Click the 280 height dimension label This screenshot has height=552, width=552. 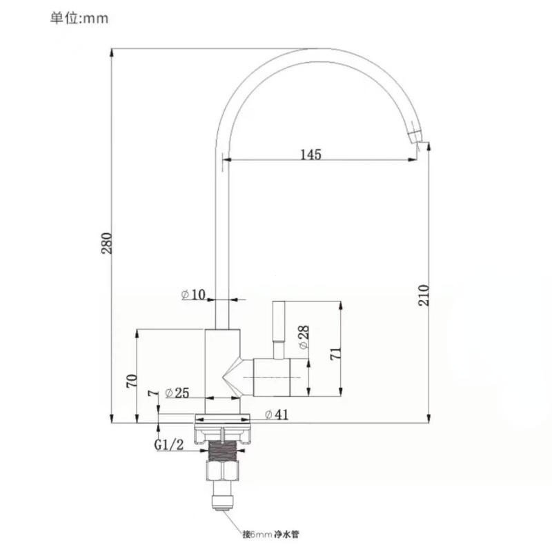coord(107,243)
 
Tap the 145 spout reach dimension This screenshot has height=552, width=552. coord(311,154)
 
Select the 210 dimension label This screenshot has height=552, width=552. coord(424,295)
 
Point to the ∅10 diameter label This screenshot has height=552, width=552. coord(193,295)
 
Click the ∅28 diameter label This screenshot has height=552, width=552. coord(304,337)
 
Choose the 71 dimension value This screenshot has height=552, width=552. coord(335,353)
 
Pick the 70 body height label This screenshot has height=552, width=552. coord(132,381)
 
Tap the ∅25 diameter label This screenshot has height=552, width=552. coord(177,393)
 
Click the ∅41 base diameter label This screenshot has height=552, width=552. coord(277,415)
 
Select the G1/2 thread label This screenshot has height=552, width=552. coord(169,444)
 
